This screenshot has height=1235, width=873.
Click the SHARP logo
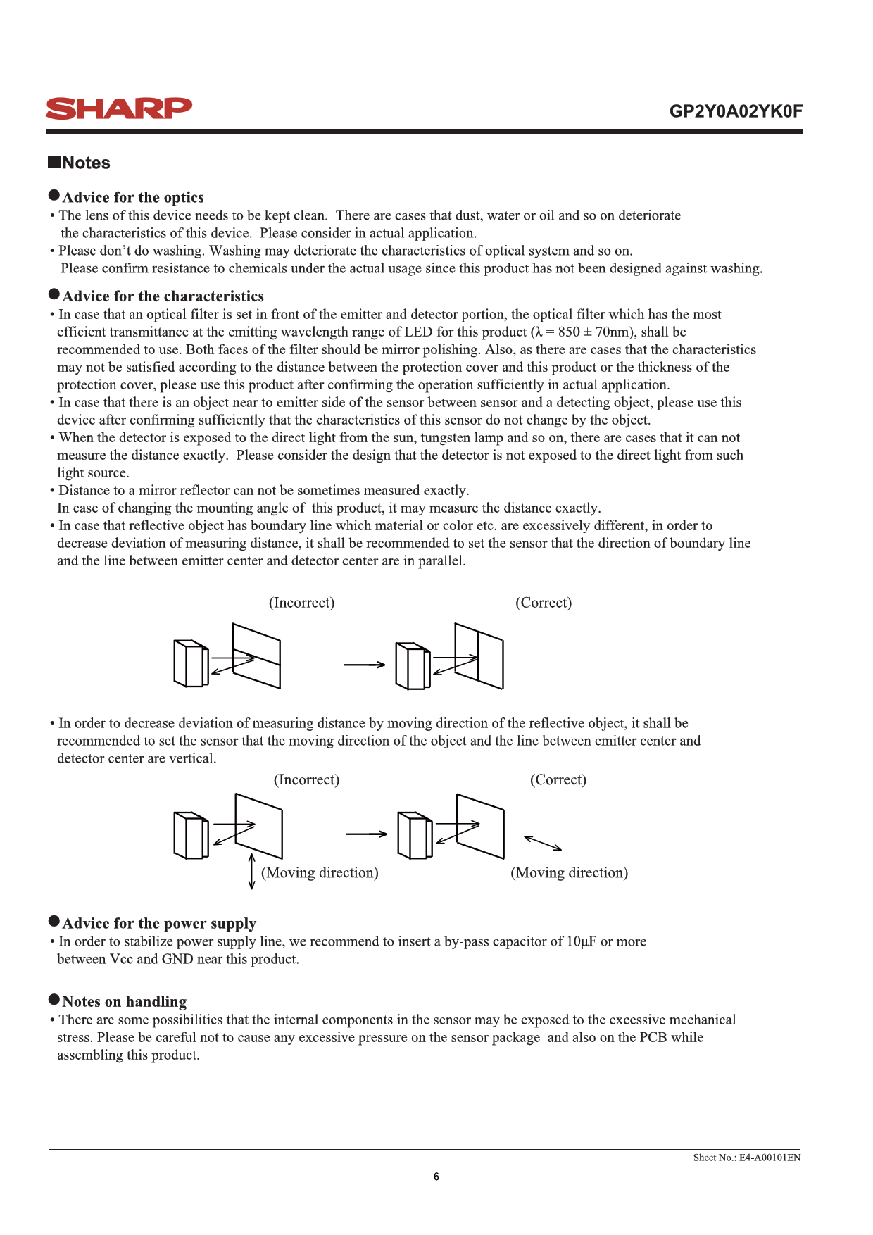(x=118, y=108)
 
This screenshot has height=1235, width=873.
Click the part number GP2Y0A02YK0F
(x=735, y=111)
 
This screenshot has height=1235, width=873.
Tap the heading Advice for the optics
(x=133, y=197)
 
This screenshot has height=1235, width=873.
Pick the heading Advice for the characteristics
(x=163, y=296)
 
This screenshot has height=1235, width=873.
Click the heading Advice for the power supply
(x=159, y=923)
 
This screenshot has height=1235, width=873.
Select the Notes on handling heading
(x=124, y=1001)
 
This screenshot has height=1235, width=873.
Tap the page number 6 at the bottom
(x=436, y=1177)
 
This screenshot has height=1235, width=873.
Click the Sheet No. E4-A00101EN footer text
(x=746, y=1158)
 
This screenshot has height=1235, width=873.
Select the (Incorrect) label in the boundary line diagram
(x=301, y=603)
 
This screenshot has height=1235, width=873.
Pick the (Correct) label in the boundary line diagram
(x=544, y=603)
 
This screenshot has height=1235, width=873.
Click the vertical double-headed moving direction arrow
(x=252, y=871)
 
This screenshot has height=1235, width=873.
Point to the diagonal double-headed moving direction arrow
(x=543, y=843)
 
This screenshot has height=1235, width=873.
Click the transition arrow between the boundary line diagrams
(x=364, y=664)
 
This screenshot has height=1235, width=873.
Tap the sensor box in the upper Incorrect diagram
(x=191, y=663)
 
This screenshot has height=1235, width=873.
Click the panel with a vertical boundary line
(x=479, y=656)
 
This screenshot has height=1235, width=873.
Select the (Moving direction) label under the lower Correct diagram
(x=569, y=873)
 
